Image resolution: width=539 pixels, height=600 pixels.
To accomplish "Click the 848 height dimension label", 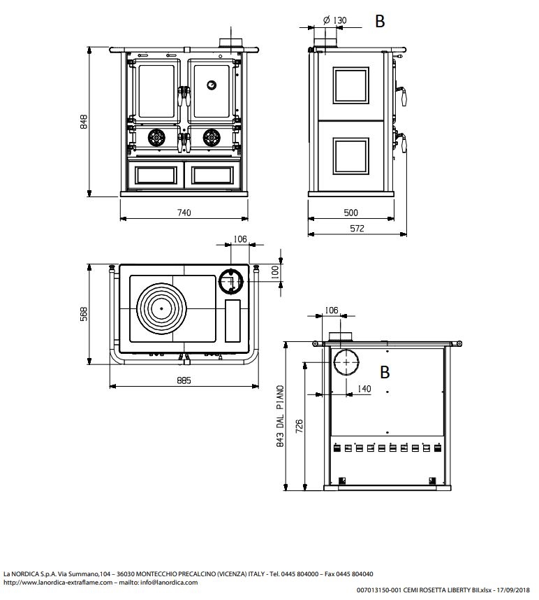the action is tap(84, 121).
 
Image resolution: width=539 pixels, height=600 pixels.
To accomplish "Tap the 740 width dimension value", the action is tap(184, 213).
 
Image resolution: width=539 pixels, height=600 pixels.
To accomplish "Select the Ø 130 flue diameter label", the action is tap(334, 20).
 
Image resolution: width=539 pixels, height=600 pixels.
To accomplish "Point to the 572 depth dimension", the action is tap(357, 229).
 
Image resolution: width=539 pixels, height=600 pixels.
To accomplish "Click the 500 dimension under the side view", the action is tap(350, 213).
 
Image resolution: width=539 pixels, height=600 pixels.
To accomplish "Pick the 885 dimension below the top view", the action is tap(184, 380).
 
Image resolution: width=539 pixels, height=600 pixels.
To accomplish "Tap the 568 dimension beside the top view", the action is tap(84, 314).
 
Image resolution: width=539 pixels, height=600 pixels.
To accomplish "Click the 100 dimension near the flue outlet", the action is tap(275, 273).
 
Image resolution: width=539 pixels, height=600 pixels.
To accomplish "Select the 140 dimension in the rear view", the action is tap(364, 389).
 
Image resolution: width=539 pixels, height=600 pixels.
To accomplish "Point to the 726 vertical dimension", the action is tap(299, 426).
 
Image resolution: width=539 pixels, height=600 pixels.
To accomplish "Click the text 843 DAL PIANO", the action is tap(280, 416).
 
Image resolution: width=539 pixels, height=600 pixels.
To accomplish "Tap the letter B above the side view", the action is tap(380, 22).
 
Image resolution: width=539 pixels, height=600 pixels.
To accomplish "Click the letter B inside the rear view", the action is tap(385, 372).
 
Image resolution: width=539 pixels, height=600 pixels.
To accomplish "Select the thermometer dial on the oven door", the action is tap(212, 85).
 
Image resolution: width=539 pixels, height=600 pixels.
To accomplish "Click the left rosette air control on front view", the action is tap(156, 137).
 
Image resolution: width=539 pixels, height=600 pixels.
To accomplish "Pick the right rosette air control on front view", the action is tap(212, 137).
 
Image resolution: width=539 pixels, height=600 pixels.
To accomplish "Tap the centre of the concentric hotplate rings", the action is tap(161, 308).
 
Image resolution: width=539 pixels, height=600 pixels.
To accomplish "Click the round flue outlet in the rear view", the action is tap(346, 362).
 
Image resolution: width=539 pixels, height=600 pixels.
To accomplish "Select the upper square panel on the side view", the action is tap(350, 85).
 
